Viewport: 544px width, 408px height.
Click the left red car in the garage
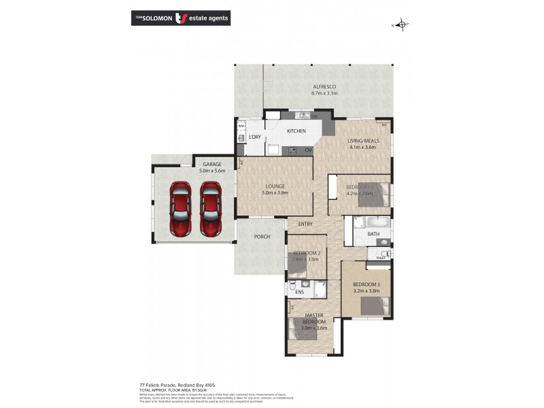click(x=180, y=210)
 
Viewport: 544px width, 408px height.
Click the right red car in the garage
click(x=210, y=210)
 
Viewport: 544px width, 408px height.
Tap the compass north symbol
click(x=403, y=25)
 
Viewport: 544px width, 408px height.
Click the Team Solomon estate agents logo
click(x=180, y=18)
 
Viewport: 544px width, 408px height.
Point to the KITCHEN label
click(x=296, y=131)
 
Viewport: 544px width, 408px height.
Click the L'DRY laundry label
click(x=255, y=137)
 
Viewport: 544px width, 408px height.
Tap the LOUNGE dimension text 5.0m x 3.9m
click(x=275, y=193)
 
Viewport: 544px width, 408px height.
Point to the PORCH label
click(x=262, y=237)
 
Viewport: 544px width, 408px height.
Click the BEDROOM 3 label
click(x=367, y=284)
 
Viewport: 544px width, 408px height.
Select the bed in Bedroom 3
click(x=376, y=306)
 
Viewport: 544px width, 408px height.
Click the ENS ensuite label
click(x=299, y=293)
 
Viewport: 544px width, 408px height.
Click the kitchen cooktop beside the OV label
click(x=292, y=150)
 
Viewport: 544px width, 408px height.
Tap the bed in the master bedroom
click(x=299, y=328)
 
